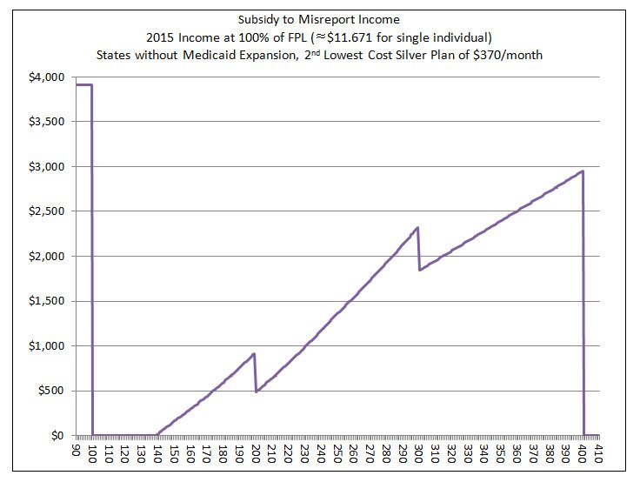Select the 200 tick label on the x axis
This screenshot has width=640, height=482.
coord(256,456)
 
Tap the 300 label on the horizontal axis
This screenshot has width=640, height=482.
coord(418,456)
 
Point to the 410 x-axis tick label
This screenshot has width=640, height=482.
coord(597,456)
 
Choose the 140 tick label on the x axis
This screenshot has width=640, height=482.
coord(158,456)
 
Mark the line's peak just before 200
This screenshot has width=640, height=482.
coord(254,353)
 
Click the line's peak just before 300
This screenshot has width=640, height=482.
coord(417,228)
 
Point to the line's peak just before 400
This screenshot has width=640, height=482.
coord(582,171)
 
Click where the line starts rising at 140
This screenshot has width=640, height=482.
coord(157,433)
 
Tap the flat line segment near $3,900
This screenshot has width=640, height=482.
coord(84,84)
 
